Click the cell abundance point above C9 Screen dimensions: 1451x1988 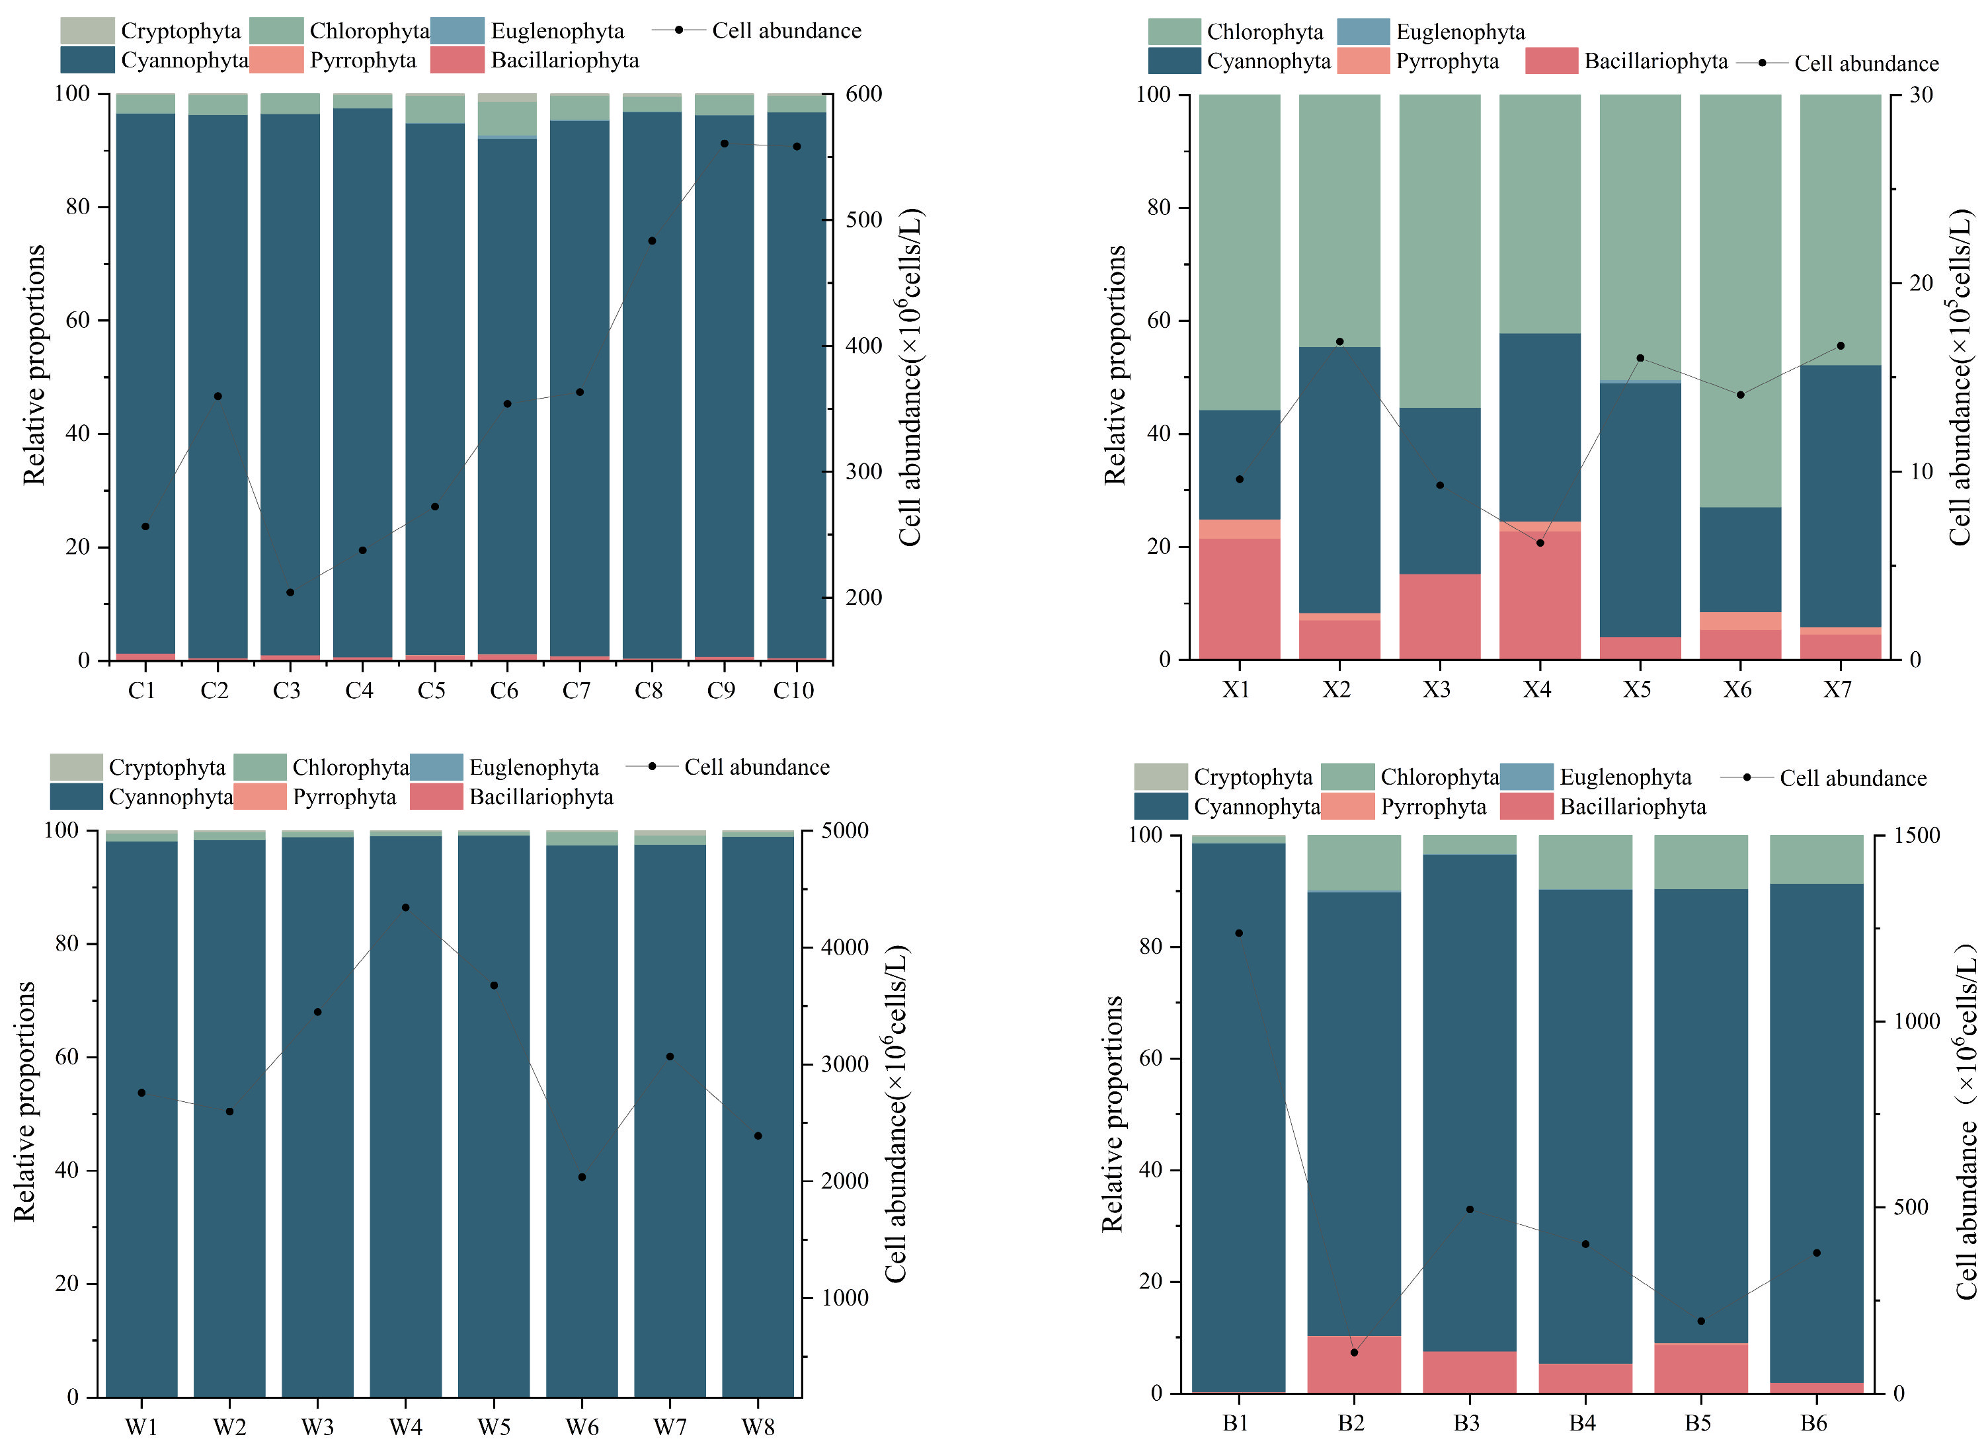724,143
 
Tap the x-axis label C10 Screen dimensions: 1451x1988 793,690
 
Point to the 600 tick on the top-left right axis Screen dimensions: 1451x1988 863,94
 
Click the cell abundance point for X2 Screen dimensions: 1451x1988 1339,342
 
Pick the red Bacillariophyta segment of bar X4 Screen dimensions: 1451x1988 1539,596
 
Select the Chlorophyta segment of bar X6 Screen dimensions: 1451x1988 1740,299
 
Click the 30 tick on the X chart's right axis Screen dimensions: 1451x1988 1921,94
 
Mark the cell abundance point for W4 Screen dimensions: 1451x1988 405,908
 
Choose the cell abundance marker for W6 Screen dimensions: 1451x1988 582,1177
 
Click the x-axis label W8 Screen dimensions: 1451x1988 757,1427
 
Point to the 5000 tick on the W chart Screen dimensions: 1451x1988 844,831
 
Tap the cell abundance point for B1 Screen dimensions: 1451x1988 1239,933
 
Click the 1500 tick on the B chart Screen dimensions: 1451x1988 1916,836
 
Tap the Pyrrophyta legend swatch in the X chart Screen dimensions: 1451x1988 1363,61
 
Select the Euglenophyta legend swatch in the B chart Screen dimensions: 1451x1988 1527,777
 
